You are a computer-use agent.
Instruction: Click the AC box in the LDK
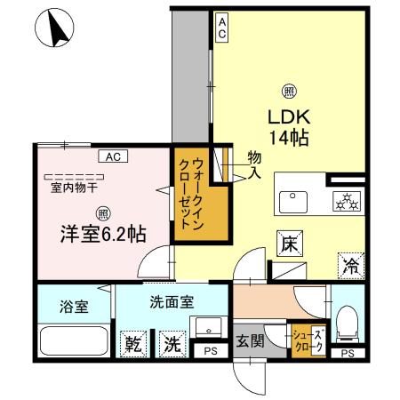222,28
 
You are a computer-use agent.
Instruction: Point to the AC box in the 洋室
113,157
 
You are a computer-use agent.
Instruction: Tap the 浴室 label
74,307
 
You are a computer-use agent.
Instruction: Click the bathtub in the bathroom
75,341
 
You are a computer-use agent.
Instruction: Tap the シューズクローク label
303,340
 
